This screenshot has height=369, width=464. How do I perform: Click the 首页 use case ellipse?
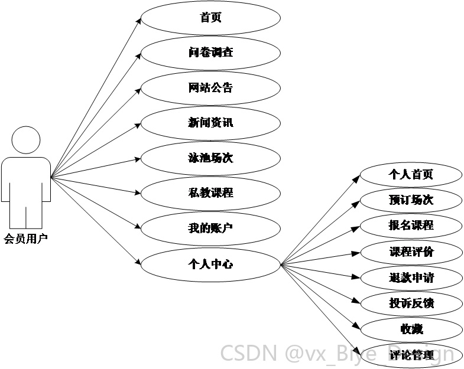(210, 18)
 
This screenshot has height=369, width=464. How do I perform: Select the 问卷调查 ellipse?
(210, 53)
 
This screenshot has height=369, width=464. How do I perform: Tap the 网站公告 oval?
(210, 88)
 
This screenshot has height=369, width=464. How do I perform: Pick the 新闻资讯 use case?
(210, 123)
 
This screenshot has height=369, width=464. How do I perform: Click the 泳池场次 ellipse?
(210, 158)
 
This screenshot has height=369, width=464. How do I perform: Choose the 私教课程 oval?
(210, 194)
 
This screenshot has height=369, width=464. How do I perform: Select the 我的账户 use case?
(210, 228)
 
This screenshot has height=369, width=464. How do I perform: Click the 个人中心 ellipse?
(210, 264)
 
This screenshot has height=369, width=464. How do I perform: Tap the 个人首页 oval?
(411, 175)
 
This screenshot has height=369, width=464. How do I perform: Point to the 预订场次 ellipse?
(411, 200)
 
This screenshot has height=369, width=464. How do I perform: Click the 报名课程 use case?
(411, 226)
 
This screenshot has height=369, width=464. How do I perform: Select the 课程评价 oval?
(411, 252)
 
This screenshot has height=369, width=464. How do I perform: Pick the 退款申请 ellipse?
(411, 278)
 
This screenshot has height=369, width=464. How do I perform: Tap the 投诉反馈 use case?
(411, 303)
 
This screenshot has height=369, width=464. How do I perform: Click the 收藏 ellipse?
(411, 329)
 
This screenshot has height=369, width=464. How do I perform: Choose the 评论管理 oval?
(411, 355)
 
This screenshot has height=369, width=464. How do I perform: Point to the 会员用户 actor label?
(26, 239)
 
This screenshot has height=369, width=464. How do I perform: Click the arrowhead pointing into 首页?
(138, 20)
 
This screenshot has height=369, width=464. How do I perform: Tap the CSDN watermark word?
(249, 353)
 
